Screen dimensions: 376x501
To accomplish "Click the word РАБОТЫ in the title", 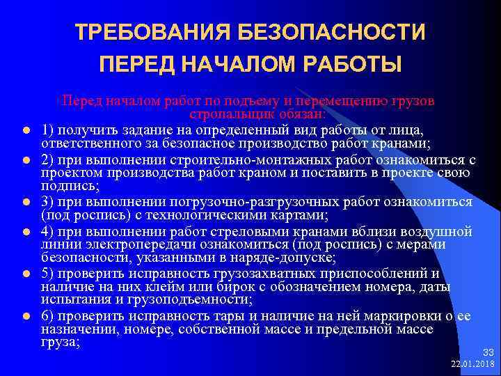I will point(355,65).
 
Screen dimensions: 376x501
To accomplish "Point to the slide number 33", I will point(488,353).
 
